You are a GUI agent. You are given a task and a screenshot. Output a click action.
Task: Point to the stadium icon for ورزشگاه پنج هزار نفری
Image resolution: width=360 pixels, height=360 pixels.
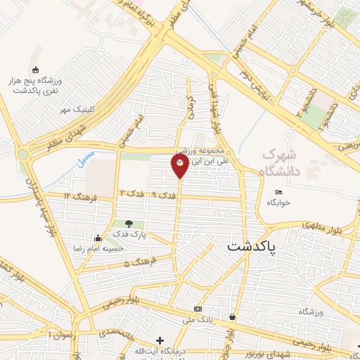[x=35, y=69]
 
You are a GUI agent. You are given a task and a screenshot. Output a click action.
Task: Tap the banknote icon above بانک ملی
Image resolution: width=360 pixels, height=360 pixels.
[x=199, y=309]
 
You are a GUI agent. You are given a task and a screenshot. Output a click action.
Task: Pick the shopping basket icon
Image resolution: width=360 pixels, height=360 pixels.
[x=231, y=318]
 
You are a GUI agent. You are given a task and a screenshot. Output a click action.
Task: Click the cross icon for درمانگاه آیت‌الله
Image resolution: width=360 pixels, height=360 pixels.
[x=160, y=340]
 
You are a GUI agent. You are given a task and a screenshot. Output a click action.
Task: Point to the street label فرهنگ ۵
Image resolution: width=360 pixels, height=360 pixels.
[x=136, y=264]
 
